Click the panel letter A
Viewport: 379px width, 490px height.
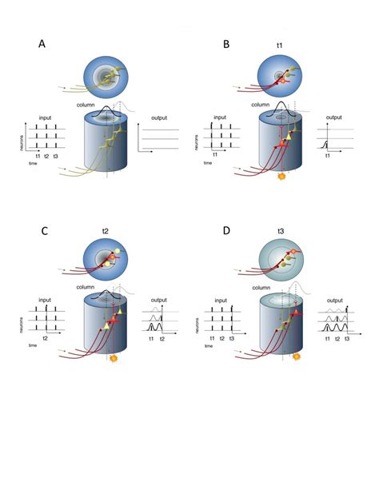[42, 45]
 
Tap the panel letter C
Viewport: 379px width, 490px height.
[43, 232]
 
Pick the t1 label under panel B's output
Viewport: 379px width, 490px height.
[328, 157]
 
